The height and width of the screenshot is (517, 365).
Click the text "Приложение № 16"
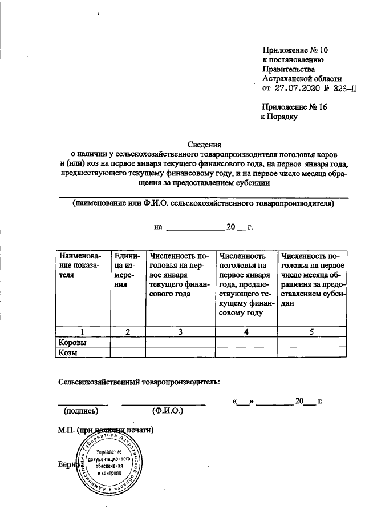tap(294, 107)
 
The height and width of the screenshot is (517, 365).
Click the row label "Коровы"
tap(74, 342)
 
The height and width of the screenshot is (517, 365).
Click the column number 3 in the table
tap(180, 331)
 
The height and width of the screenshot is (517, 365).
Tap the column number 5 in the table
tap(312, 331)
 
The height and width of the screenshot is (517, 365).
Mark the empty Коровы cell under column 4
tap(246, 342)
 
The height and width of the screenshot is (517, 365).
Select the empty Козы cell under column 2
tap(127, 353)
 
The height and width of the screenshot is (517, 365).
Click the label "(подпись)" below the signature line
tap(81, 410)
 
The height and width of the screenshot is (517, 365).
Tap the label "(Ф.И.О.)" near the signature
tap(167, 410)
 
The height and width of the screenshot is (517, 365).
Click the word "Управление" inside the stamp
tap(111, 451)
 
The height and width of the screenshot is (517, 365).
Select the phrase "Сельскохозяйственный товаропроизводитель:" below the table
tap(139, 381)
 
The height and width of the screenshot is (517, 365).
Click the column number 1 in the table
tap(83, 331)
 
